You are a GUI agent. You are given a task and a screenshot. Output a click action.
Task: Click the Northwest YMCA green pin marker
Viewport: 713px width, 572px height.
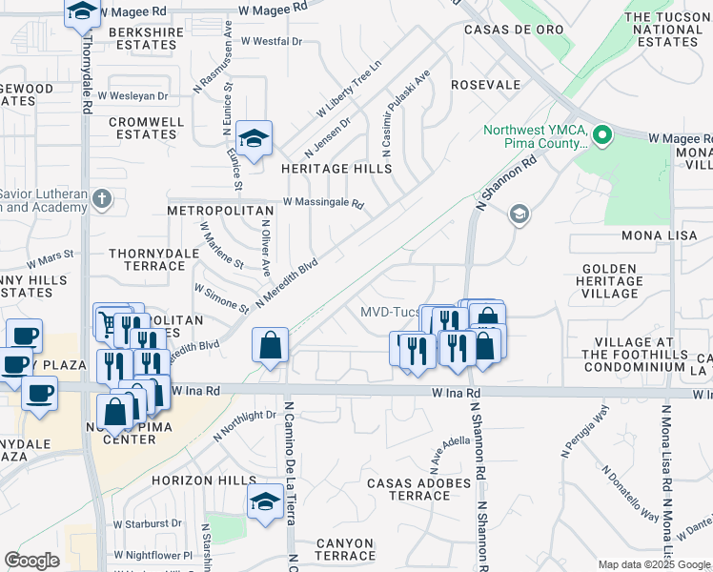click(x=602, y=136)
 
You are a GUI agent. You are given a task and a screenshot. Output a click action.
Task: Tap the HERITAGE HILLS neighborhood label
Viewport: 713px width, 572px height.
click(x=336, y=169)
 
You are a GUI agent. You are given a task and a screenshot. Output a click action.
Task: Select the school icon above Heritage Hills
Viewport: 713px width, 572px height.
click(x=254, y=139)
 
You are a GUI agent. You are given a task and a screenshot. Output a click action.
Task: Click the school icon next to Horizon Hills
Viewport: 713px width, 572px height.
click(x=265, y=501)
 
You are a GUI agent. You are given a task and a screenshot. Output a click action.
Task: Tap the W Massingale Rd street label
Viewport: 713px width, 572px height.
click(x=323, y=204)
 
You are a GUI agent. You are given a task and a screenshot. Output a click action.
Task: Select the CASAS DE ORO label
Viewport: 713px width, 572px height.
click(x=504, y=30)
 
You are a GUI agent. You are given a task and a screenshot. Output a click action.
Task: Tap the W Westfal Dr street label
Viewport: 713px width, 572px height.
click(x=271, y=42)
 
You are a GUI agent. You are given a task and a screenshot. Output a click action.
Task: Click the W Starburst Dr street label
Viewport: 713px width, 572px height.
click(x=148, y=523)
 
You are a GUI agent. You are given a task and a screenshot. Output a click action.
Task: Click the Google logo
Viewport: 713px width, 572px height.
click(x=31, y=561)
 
